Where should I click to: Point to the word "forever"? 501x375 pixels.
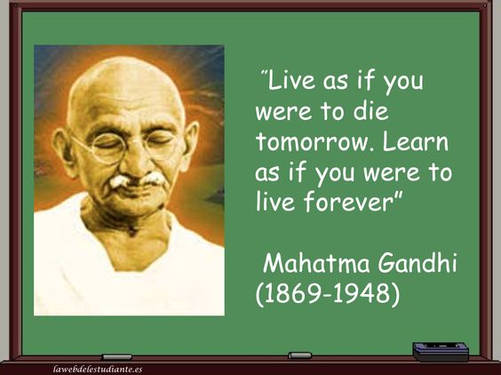(x=347, y=202)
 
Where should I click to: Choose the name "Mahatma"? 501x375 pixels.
(x=316, y=263)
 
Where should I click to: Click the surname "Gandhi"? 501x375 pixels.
(x=417, y=263)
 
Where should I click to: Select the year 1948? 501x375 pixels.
(x=361, y=293)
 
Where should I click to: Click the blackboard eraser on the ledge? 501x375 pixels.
(x=441, y=351)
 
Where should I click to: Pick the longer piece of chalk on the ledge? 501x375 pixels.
(x=116, y=356)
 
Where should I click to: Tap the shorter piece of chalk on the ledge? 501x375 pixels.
(x=299, y=355)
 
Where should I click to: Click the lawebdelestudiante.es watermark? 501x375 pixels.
(x=98, y=370)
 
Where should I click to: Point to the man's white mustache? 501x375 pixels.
(x=137, y=180)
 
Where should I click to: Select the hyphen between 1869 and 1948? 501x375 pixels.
(x=327, y=295)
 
